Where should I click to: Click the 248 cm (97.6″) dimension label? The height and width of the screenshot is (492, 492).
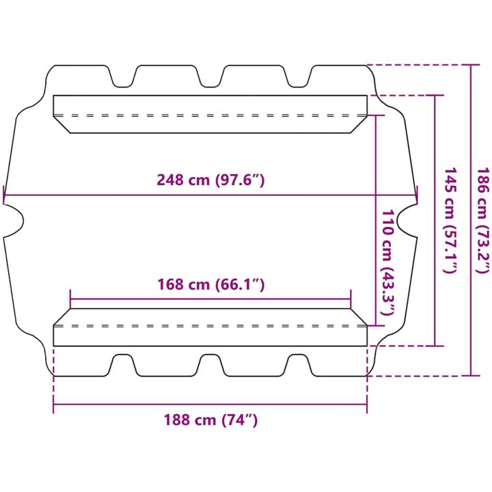click(x=210, y=180)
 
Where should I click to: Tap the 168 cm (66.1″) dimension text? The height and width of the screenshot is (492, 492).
click(x=211, y=284)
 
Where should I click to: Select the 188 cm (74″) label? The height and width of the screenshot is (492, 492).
click(x=210, y=420)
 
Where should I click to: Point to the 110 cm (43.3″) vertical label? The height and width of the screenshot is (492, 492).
click(x=387, y=262)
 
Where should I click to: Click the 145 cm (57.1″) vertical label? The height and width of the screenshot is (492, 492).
click(x=450, y=220)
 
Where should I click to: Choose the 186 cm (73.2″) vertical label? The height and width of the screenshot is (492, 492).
click(x=483, y=220)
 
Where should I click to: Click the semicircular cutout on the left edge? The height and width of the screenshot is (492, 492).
click(x=14, y=221)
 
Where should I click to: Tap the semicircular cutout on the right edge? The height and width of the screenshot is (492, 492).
click(x=407, y=221)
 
